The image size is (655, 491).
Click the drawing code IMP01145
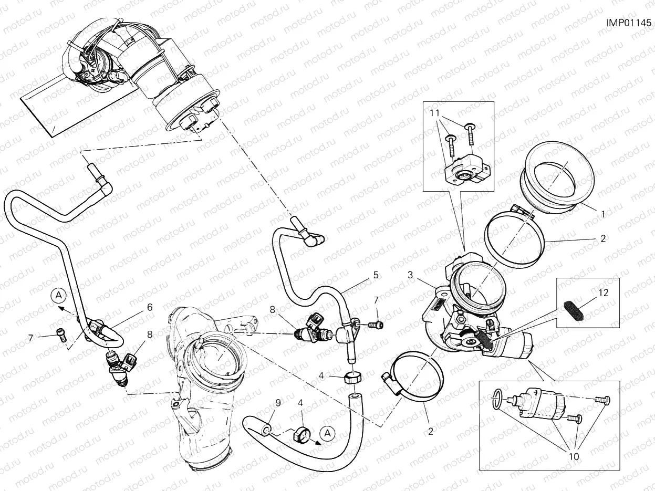click(629, 23)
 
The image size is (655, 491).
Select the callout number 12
click(604, 293)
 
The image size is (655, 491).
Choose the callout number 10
click(574, 456)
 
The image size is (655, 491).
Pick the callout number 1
click(604, 214)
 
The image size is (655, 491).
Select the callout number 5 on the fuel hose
click(376, 274)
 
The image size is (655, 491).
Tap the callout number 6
click(150, 307)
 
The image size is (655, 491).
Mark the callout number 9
click(278, 403)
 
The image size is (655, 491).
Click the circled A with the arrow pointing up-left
click(59, 295)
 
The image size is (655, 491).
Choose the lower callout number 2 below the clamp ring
click(430, 433)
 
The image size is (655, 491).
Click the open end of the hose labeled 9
click(267, 431)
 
